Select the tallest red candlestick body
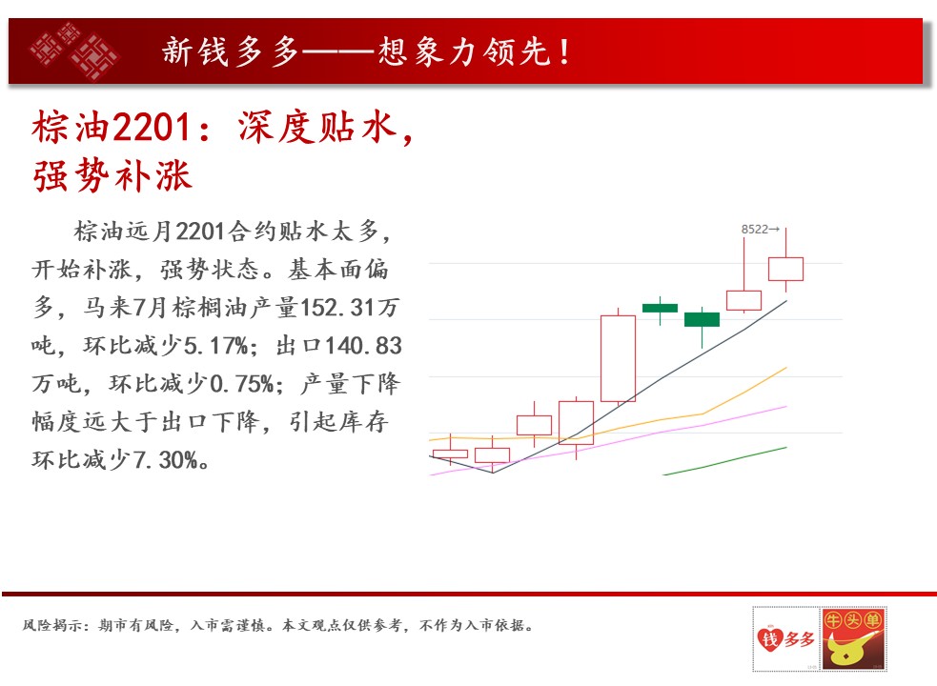click(618, 358)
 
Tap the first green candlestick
click(660, 309)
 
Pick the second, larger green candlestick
click(702, 320)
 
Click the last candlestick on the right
click(785, 269)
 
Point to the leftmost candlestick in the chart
click(450, 454)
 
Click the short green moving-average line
click(724, 461)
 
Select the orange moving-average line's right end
click(786, 368)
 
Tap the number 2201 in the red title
click(152, 128)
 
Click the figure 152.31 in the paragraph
click(337, 307)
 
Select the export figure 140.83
click(363, 346)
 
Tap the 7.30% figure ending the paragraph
click(165, 459)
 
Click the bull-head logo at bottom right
click(853, 638)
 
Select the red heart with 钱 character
click(770, 638)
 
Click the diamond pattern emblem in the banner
click(74, 50)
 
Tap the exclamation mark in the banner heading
click(564, 51)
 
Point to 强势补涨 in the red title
click(112, 175)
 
